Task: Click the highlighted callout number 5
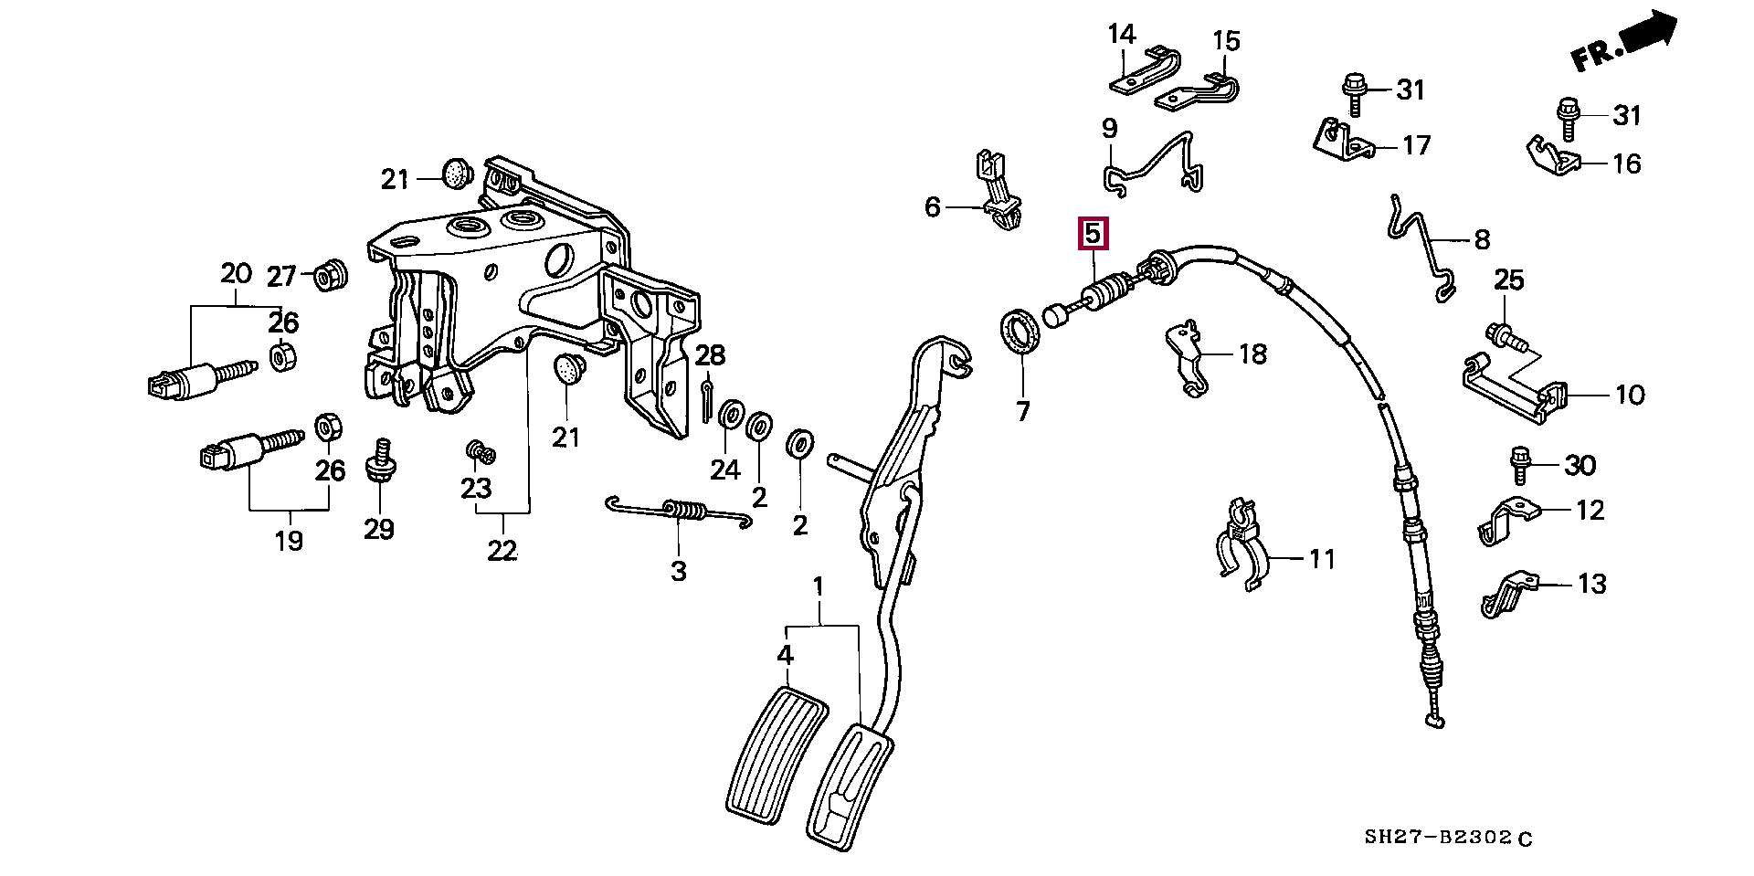click(1093, 234)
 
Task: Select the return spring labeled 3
click(681, 512)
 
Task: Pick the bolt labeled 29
click(379, 461)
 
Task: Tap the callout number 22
click(502, 551)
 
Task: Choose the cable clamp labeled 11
click(1241, 548)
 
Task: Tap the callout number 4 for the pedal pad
click(786, 655)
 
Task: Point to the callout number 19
click(289, 541)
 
